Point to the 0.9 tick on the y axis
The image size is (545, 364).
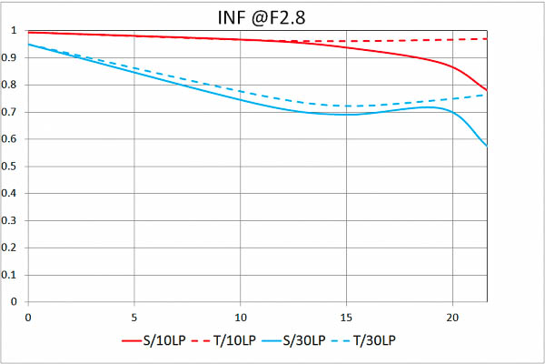click(12, 58)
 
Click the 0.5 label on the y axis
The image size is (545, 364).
click(12, 167)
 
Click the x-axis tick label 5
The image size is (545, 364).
click(134, 317)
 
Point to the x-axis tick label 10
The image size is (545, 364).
click(240, 317)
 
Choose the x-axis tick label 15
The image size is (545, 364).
click(346, 317)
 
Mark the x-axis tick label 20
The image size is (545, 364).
click(452, 317)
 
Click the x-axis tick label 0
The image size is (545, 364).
click(28, 317)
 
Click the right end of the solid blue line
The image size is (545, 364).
click(487, 146)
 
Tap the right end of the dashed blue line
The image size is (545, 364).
click(487, 95)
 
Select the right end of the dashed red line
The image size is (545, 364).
click(487, 39)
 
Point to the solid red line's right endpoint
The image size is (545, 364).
click(487, 90)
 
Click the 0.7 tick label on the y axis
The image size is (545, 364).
click(12, 112)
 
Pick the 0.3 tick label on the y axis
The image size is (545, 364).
click(12, 220)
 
